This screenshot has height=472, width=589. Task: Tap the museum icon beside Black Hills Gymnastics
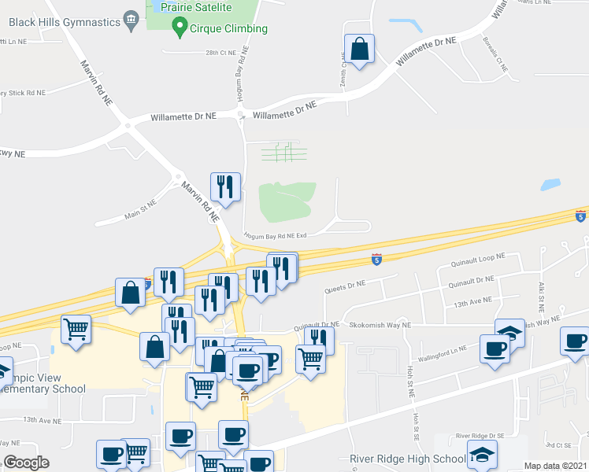point(131,17)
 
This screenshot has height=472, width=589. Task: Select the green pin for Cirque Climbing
point(178,30)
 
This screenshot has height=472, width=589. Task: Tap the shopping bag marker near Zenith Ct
point(360,50)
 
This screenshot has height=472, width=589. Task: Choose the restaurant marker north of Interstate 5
point(226,187)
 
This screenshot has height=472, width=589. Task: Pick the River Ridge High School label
point(408,459)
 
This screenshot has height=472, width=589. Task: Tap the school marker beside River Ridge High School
point(482,454)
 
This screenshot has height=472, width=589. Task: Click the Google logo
point(27,463)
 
